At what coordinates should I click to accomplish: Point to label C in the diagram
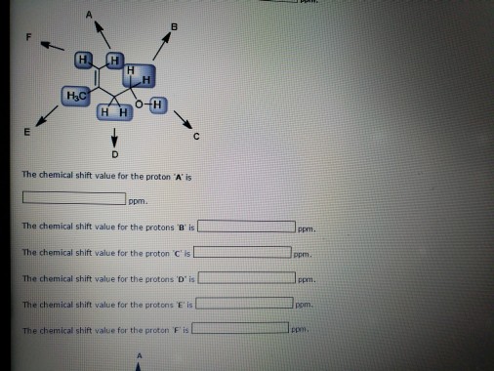pyautogui.click(x=196, y=136)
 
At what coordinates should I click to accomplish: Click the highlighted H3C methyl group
pyautogui.click(x=74, y=95)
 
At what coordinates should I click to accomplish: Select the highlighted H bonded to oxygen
pyautogui.click(x=158, y=103)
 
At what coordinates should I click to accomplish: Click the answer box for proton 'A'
pyautogui.click(x=74, y=200)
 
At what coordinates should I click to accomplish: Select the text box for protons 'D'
pyautogui.click(x=248, y=278)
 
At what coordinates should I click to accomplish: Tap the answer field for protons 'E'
pyautogui.click(x=245, y=302)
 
